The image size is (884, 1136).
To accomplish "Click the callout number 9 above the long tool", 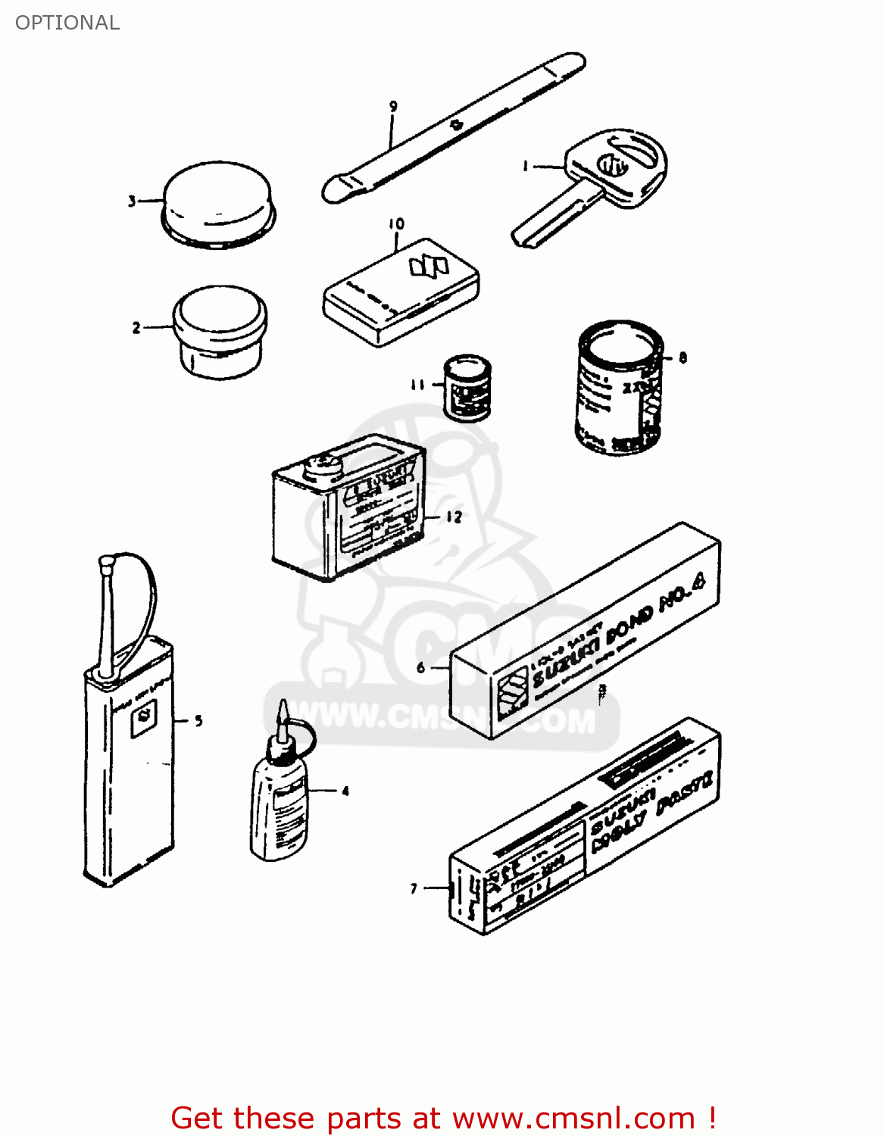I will (393, 107).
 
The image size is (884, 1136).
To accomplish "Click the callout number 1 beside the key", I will (526, 166).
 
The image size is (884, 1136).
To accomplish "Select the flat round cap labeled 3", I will (218, 202).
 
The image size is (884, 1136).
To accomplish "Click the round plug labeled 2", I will (220, 330).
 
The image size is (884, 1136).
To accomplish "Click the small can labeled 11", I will (467, 387).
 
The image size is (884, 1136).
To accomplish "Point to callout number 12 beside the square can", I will (454, 517).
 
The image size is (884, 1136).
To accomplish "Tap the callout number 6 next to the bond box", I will (421, 668).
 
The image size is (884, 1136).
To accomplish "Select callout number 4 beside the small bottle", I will (345, 791).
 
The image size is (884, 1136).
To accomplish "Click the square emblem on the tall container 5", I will (143, 717).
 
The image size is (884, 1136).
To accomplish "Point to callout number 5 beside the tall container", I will (198, 721).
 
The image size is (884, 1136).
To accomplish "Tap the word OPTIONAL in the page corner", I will (67, 23).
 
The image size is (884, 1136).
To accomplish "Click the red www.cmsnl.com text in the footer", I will (573, 1118).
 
